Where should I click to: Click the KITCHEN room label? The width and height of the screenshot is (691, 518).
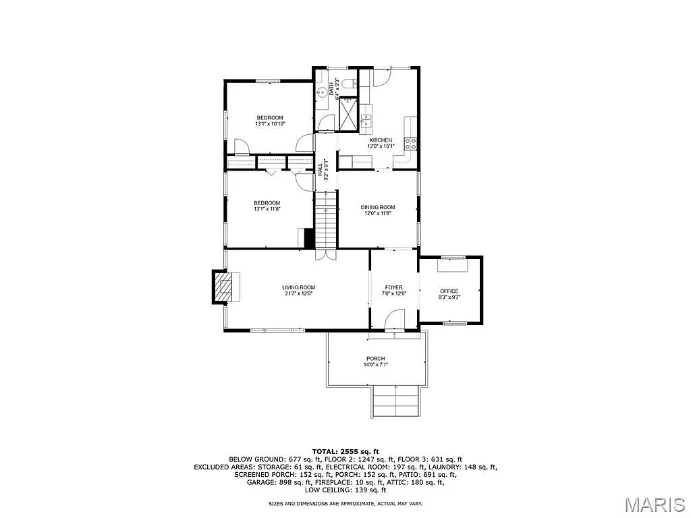click(379, 140)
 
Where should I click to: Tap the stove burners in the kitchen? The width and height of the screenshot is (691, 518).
click(410, 142)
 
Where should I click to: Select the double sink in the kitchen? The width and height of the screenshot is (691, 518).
click(366, 121)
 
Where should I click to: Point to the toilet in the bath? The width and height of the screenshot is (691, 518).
click(347, 84)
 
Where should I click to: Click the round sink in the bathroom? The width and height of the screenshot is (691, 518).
click(323, 92)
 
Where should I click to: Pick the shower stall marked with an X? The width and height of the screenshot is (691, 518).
click(349, 113)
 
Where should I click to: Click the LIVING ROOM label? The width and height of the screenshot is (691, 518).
click(298, 287)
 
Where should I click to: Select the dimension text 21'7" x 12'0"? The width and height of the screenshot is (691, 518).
click(298, 293)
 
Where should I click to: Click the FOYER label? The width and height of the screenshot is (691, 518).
click(393, 287)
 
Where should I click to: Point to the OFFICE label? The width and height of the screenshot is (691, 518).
click(449, 291)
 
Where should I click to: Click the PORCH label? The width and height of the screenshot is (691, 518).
click(376, 358)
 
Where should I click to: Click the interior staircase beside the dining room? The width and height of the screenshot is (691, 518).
click(326, 219)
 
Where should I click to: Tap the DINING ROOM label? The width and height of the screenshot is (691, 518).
click(378, 207)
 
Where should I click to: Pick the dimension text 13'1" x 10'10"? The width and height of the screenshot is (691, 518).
click(270, 123)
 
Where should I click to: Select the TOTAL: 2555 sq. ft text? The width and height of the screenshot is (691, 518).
click(345, 451)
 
